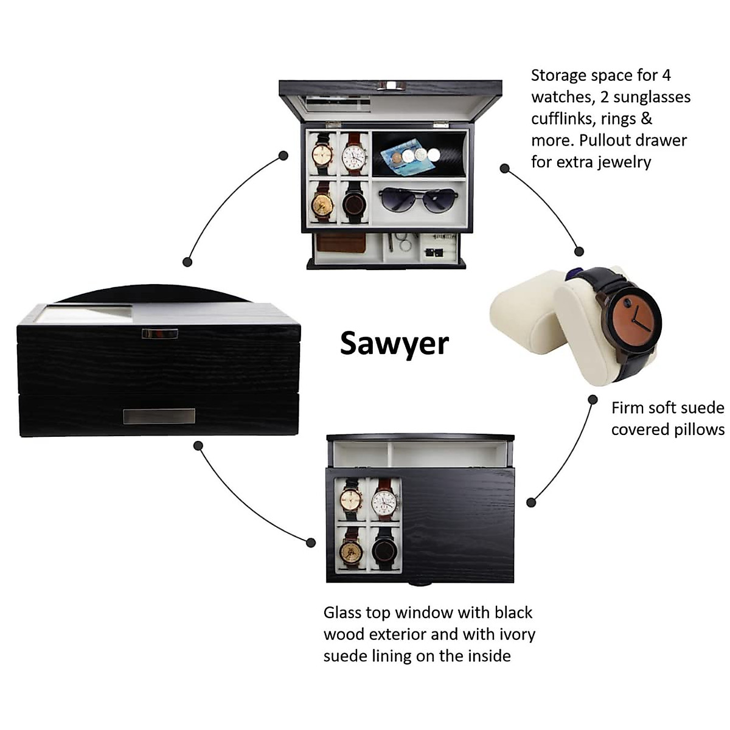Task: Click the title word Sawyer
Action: (x=394, y=343)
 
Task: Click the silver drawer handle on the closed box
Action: (x=159, y=416)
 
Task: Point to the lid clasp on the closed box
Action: (x=159, y=333)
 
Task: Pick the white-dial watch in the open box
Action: (x=354, y=156)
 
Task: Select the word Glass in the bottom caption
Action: (x=342, y=613)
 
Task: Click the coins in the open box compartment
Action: (x=416, y=156)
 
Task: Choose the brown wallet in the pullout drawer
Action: (x=341, y=243)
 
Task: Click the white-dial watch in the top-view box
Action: (x=384, y=502)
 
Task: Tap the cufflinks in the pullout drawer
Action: (x=433, y=251)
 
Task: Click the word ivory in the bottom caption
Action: (x=517, y=634)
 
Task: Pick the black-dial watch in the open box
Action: (x=354, y=203)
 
